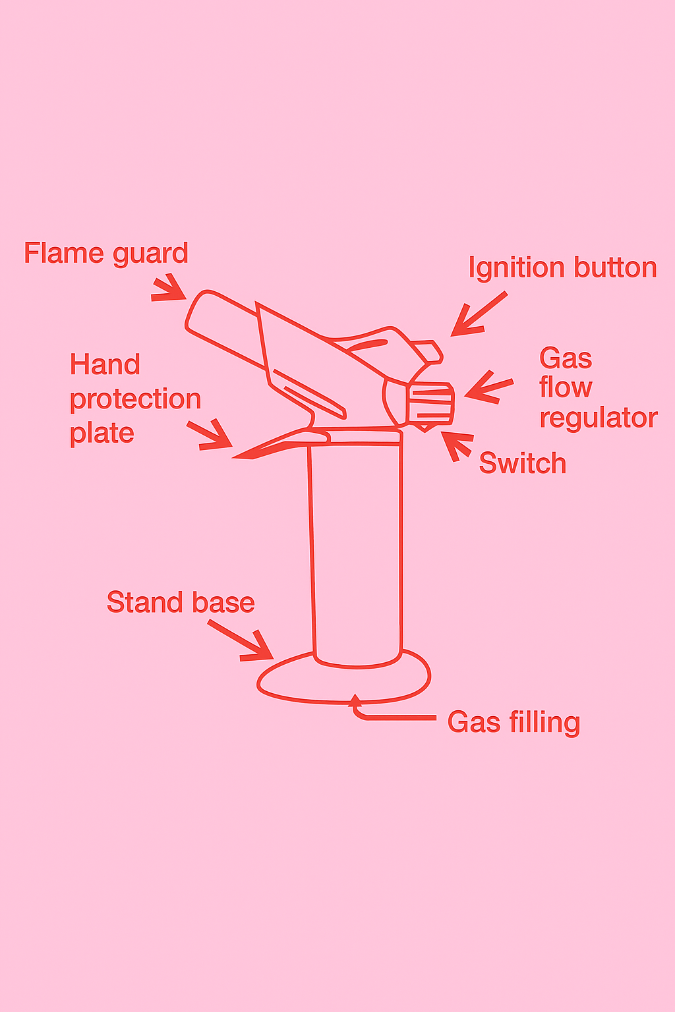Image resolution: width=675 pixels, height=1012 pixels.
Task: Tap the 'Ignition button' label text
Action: pyautogui.click(x=562, y=268)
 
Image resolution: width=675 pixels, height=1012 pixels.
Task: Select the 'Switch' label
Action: pyautogui.click(x=522, y=463)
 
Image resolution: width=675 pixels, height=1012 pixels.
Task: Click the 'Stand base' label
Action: pyautogui.click(x=181, y=602)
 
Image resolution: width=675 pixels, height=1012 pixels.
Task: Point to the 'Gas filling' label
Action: pyautogui.click(x=514, y=722)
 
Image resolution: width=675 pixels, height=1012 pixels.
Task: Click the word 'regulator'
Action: pyautogui.click(x=599, y=418)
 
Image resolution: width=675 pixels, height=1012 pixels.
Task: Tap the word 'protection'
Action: pyautogui.click(x=135, y=399)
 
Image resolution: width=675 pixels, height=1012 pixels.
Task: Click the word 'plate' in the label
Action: pyautogui.click(x=102, y=434)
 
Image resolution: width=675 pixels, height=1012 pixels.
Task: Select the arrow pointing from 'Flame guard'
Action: pyautogui.click(x=170, y=289)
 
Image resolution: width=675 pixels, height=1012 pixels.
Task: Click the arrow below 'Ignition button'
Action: pyautogui.click(x=478, y=314)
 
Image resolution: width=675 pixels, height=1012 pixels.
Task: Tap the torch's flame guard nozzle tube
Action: pyautogui.click(x=224, y=326)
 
